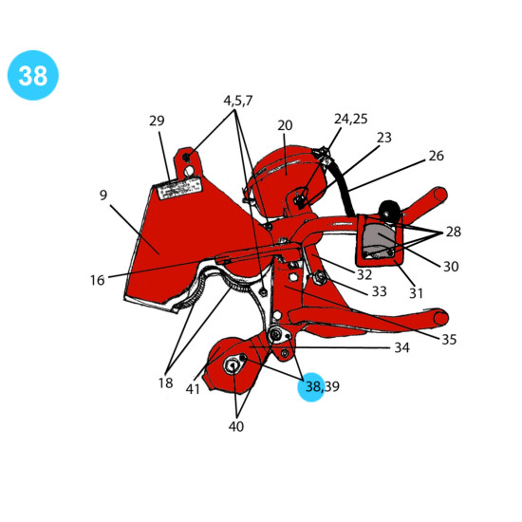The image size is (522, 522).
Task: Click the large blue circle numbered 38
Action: (x=33, y=75)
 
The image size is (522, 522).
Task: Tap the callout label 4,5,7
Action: (x=238, y=101)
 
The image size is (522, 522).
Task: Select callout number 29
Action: (x=157, y=121)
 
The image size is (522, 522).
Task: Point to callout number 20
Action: (x=285, y=125)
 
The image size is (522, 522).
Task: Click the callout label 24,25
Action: (x=351, y=119)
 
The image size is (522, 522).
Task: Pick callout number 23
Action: (x=384, y=138)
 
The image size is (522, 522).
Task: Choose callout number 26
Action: (x=437, y=156)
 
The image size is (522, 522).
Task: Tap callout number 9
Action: (x=103, y=195)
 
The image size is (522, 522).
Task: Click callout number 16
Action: (x=97, y=280)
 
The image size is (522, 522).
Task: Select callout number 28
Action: (x=454, y=232)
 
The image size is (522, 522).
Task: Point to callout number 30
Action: (x=451, y=267)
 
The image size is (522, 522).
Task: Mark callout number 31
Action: (x=416, y=293)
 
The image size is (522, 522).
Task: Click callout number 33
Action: (x=380, y=291)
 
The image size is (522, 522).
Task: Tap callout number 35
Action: (x=449, y=339)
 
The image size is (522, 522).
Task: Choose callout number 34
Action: (x=401, y=347)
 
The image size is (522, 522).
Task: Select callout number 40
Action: (x=236, y=426)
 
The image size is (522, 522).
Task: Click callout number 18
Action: (x=165, y=382)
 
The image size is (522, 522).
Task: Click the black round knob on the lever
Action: (x=389, y=211)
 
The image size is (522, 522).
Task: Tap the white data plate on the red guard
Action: (x=180, y=188)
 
